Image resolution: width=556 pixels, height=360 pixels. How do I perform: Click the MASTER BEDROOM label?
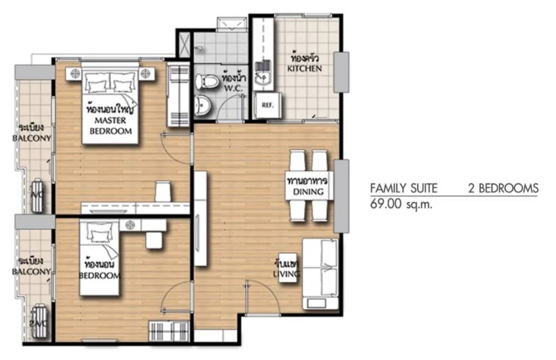pyautogui.click(x=110, y=126)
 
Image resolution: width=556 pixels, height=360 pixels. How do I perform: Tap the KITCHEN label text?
pyautogui.click(x=304, y=69)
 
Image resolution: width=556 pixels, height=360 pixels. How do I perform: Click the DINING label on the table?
pyautogui.click(x=306, y=192)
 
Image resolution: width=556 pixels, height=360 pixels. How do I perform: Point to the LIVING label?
pyautogui.click(x=287, y=274)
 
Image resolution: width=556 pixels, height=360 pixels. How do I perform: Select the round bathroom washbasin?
pyautogui.click(x=203, y=104)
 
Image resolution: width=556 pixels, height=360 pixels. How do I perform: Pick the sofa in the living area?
pyautogui.click(x=321, y=273)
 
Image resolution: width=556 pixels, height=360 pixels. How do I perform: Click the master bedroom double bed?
pyautogui.click(x=110, y=106)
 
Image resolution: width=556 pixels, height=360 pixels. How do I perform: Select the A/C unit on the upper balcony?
pyautogui.click(x=37, y=195)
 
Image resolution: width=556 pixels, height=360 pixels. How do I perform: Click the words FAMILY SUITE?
pyautogui.click(x=403, y=188)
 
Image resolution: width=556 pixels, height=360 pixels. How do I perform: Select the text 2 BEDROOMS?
pyautogui.click(x=503, y=188)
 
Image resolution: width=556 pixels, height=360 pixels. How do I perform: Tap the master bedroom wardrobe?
pyautogui.click(x=178, y=95)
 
